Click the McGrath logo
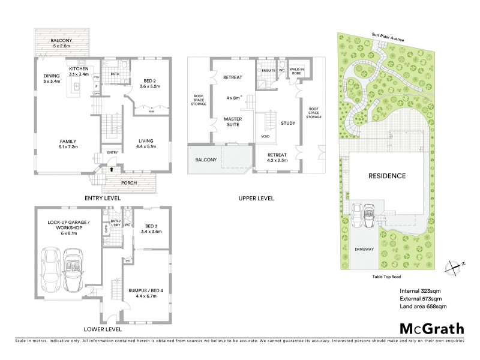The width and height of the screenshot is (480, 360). point(432,328)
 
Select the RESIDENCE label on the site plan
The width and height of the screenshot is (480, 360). point(387,176)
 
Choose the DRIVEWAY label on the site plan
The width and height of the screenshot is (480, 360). point(365,248)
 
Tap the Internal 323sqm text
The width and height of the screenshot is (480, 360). point(421,291)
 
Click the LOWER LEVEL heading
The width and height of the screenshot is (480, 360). point(103,329)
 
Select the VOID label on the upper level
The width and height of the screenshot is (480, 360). point(265,136)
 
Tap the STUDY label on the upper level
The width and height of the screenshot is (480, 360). point(289,124)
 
